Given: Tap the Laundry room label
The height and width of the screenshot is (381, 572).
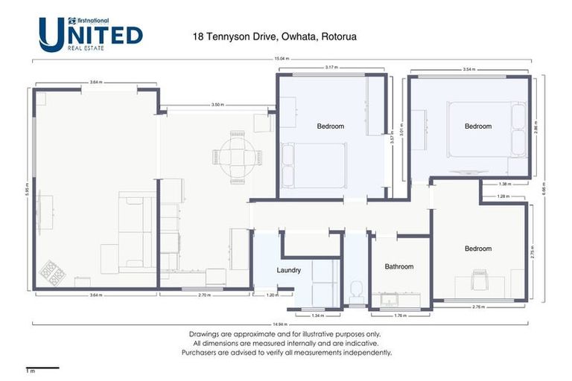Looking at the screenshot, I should [x=288, y=270].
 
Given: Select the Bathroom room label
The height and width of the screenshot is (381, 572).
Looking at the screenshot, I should [x=398, y=266].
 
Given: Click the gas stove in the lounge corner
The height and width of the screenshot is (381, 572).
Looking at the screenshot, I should [x=53, y=273].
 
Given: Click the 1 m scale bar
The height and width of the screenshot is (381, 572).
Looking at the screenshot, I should [x=42, y=368].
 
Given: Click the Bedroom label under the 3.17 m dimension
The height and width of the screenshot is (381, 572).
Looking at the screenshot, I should [x=331, y=127].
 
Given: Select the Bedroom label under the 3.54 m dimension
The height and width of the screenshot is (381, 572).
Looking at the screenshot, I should [x=478, y=127].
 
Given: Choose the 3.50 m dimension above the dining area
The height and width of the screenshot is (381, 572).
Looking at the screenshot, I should [x=217, y=105].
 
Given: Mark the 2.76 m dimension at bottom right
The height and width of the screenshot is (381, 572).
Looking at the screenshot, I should [x=478, y=307].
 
